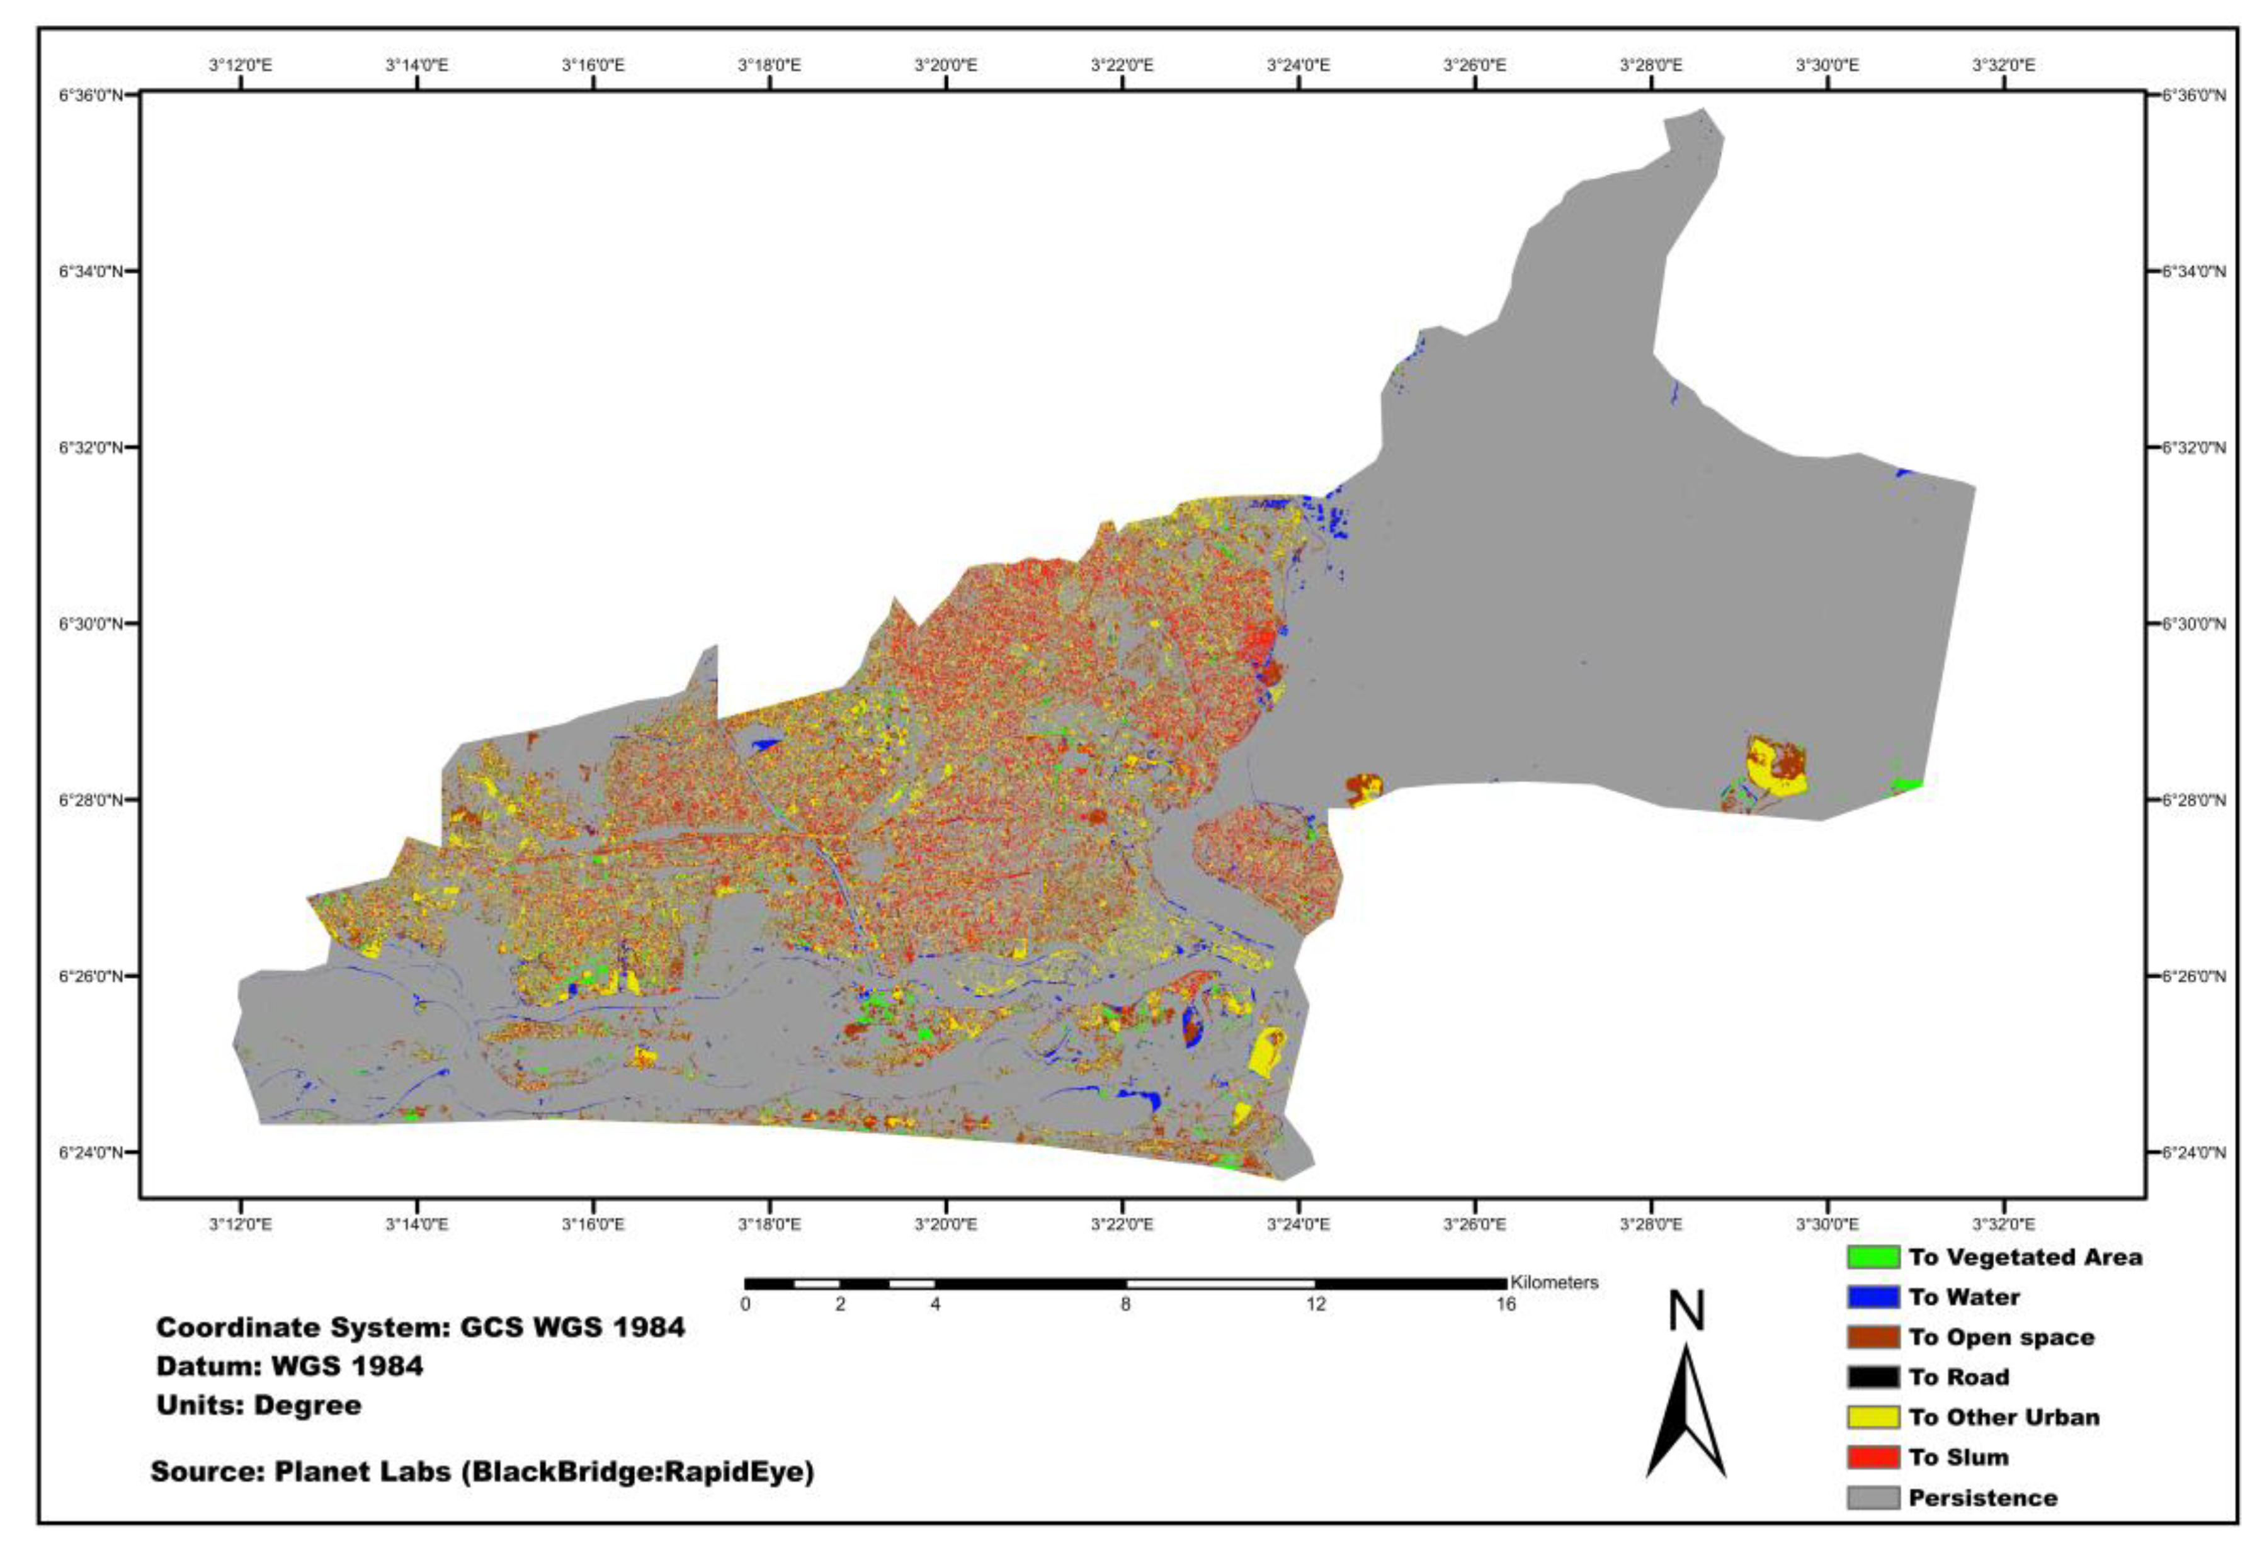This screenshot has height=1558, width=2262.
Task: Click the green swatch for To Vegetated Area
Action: coord(1872,1257)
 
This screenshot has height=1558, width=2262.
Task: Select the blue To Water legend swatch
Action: coord(1872,1297)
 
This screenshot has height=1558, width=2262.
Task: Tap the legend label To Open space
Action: coord(2001,1338)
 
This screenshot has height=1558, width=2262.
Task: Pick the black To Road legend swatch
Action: coord(1872,1377)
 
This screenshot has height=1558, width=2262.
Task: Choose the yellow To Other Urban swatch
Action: coord(1872,1418)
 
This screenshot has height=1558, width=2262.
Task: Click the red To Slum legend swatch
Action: coord(1872,1457)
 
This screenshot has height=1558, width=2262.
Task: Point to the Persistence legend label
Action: coord(1982,1498)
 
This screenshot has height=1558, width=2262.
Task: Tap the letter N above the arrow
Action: coord(1685,1313)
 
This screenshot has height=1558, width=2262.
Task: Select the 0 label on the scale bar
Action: coord(745,1305)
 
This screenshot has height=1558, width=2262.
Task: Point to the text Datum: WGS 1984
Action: coord(290,1366)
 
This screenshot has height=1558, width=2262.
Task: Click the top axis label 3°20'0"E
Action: coord(945,65)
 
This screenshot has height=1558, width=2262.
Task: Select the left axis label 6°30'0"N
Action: coord(92,624)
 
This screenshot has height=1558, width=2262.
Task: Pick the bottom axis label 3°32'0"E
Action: coord(2003,1224)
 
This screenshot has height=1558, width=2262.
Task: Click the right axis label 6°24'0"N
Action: coord(2193,1153)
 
